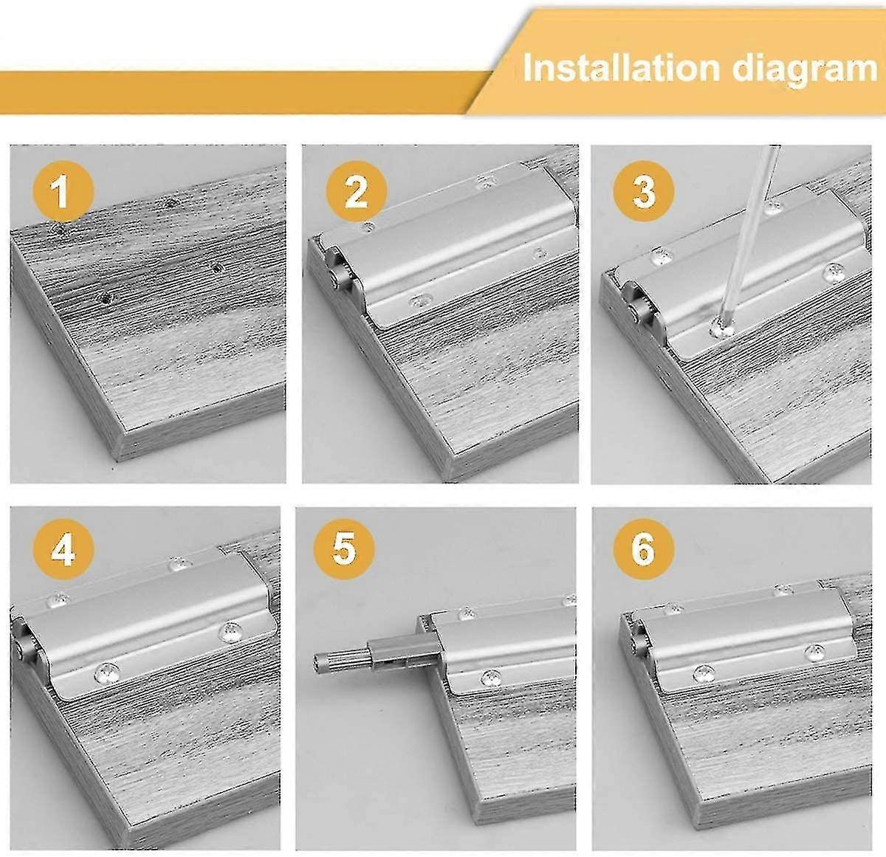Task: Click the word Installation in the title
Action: [x=620, y=68]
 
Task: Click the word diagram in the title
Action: [x=805, y=68]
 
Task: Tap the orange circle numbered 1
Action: [x=62, y=191]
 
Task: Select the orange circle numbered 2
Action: [x=356, y=191]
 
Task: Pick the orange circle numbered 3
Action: [x=644, y=191]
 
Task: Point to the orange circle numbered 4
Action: [x=62, y=550]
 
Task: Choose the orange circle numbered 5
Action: [x=344, y=550]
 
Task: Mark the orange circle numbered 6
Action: [x=644, y=550]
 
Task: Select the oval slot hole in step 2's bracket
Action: [x=422, y=300]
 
